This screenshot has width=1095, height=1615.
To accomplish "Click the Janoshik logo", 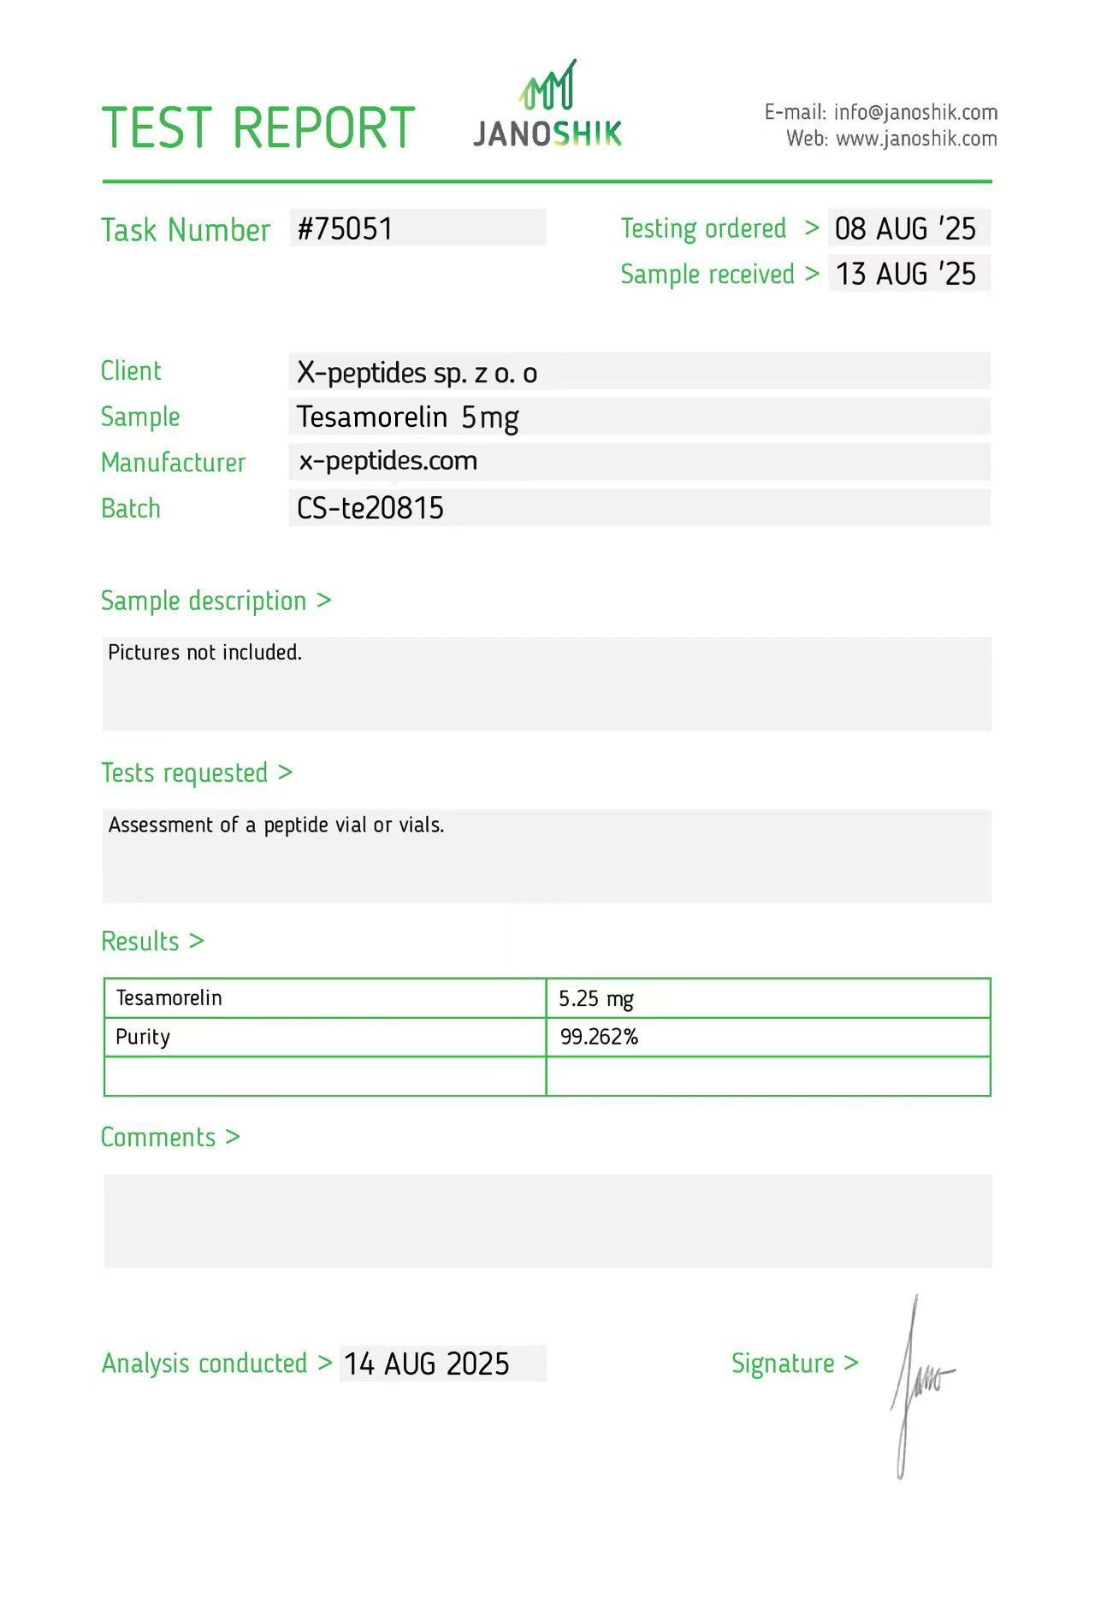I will [x=547, y=106].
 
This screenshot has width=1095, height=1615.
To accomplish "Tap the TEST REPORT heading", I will [x=257, y=127].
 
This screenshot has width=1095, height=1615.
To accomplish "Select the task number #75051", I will [x=345, y=228].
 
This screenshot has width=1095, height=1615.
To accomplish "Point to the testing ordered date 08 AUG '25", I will [x=905, y=228].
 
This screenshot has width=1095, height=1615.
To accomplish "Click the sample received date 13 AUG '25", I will [x=905, y=274].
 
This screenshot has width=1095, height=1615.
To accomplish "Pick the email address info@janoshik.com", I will [x=915, y=112].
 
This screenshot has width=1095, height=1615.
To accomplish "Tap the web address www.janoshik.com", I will [x=916, y=139].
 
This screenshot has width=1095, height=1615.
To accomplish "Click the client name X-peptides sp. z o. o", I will [x=417, y=373].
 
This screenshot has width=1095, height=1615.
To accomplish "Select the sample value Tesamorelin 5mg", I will [x=407, y=417].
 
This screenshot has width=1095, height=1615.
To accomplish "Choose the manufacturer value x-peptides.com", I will [x=388, y=461].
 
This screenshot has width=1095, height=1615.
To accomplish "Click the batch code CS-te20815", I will [x=370, y=508].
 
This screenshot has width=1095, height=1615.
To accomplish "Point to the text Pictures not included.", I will [x=204, y=653].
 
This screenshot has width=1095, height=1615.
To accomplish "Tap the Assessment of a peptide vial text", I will [x=275, y=825].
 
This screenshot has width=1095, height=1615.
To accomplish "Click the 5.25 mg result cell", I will [x=596, y=998].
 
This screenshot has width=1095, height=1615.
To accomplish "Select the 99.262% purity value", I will [x=599, y=1038].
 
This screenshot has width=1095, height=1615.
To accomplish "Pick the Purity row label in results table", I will [x=143, y=1038].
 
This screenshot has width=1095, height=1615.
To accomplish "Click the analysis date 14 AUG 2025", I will [x=426, y=1364].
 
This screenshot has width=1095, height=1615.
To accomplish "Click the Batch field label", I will [x=131, y=508].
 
